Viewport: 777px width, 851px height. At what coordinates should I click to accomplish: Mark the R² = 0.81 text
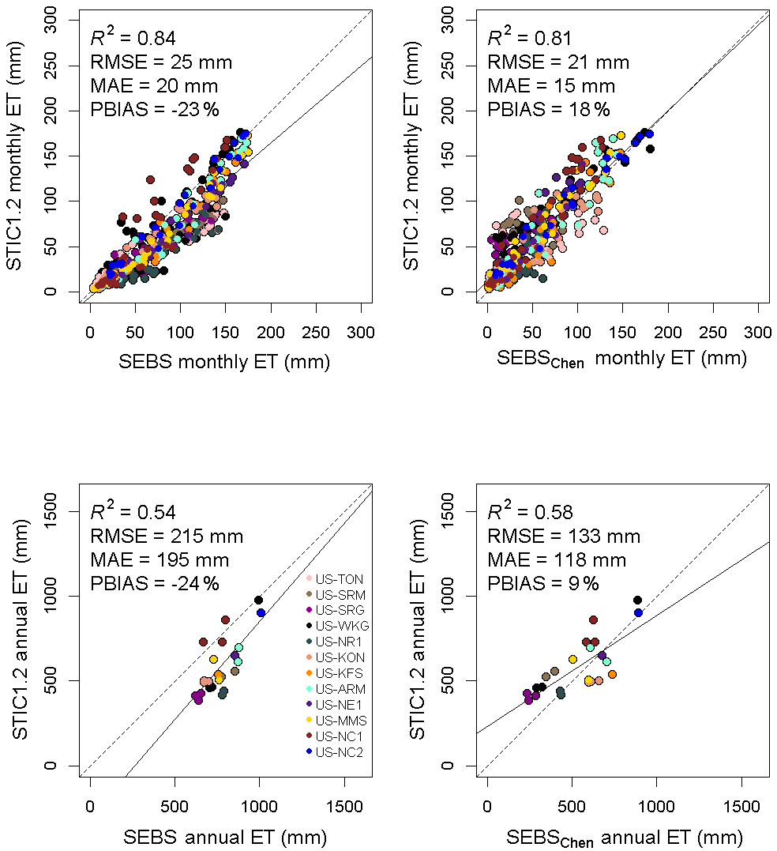click(x=529, y=38)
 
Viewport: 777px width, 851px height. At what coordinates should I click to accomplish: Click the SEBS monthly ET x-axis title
click(x=223, y=361)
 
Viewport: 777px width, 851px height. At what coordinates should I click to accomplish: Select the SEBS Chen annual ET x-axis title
click(x=624, y=837)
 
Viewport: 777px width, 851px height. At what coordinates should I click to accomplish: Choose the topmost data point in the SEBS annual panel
click(x=258, y=600)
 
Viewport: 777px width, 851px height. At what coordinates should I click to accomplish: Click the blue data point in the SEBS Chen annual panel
click(x=638, y=613)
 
